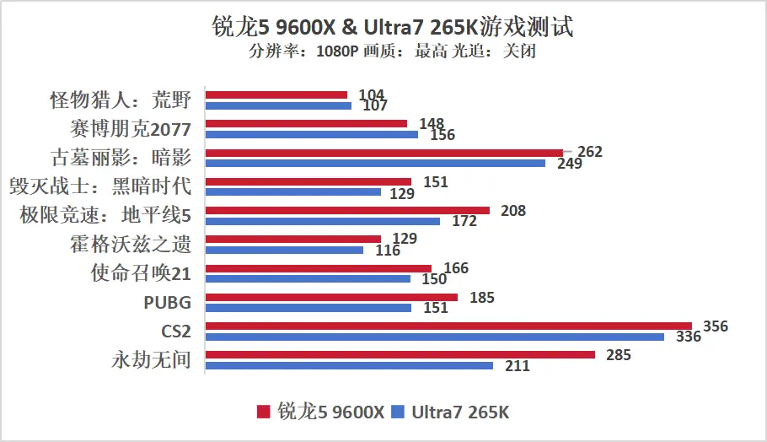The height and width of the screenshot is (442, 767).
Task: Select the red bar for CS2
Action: pos(448,326)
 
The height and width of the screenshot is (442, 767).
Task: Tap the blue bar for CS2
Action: pos(435,337)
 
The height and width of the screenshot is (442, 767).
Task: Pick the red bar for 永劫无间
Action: pos(400,355)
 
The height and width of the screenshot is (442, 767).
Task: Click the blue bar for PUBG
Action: pos(308,308)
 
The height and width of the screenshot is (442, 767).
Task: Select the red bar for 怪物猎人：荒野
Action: pos(276,94)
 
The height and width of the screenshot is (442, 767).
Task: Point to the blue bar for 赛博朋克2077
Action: pos(312,134)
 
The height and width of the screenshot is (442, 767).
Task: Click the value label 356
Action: pos(716,326)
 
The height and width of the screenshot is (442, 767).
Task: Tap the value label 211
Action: pos(517,366)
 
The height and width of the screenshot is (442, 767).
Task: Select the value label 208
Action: pos(512,211)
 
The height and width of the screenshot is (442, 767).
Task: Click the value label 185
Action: pos(482,297)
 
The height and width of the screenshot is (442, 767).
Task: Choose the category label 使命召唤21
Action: pos(141,273)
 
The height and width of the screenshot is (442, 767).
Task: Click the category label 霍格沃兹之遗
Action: pos(131,245)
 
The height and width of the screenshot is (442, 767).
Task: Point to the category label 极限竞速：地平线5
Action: pos(105,215)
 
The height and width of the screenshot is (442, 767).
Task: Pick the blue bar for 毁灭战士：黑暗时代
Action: pos(293,192)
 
